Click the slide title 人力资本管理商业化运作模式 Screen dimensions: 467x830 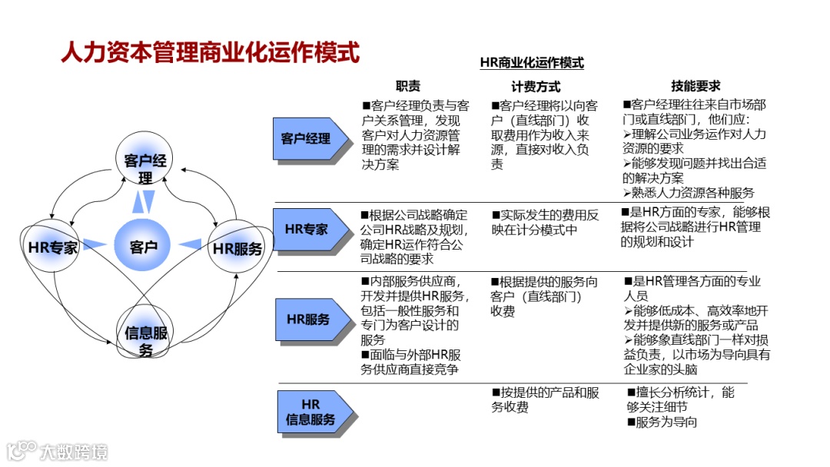(210, 53)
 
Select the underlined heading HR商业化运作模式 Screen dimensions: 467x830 (531, 63)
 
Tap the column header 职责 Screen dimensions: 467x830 (408, 87)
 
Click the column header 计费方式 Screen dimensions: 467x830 (536, 87)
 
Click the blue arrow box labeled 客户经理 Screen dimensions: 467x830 (307, 139)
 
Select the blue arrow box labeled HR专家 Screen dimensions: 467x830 (307, 229)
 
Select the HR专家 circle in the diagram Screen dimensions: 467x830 (52, 247)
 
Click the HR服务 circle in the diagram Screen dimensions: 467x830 (237, 248)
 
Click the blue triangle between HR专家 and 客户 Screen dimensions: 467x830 (95, 244)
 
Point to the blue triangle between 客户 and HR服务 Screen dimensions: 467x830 (190, 245)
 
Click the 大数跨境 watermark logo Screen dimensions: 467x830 (58, 450)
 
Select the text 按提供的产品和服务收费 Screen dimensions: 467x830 (545, 400)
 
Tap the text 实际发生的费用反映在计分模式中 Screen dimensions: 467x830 (545, 222)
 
